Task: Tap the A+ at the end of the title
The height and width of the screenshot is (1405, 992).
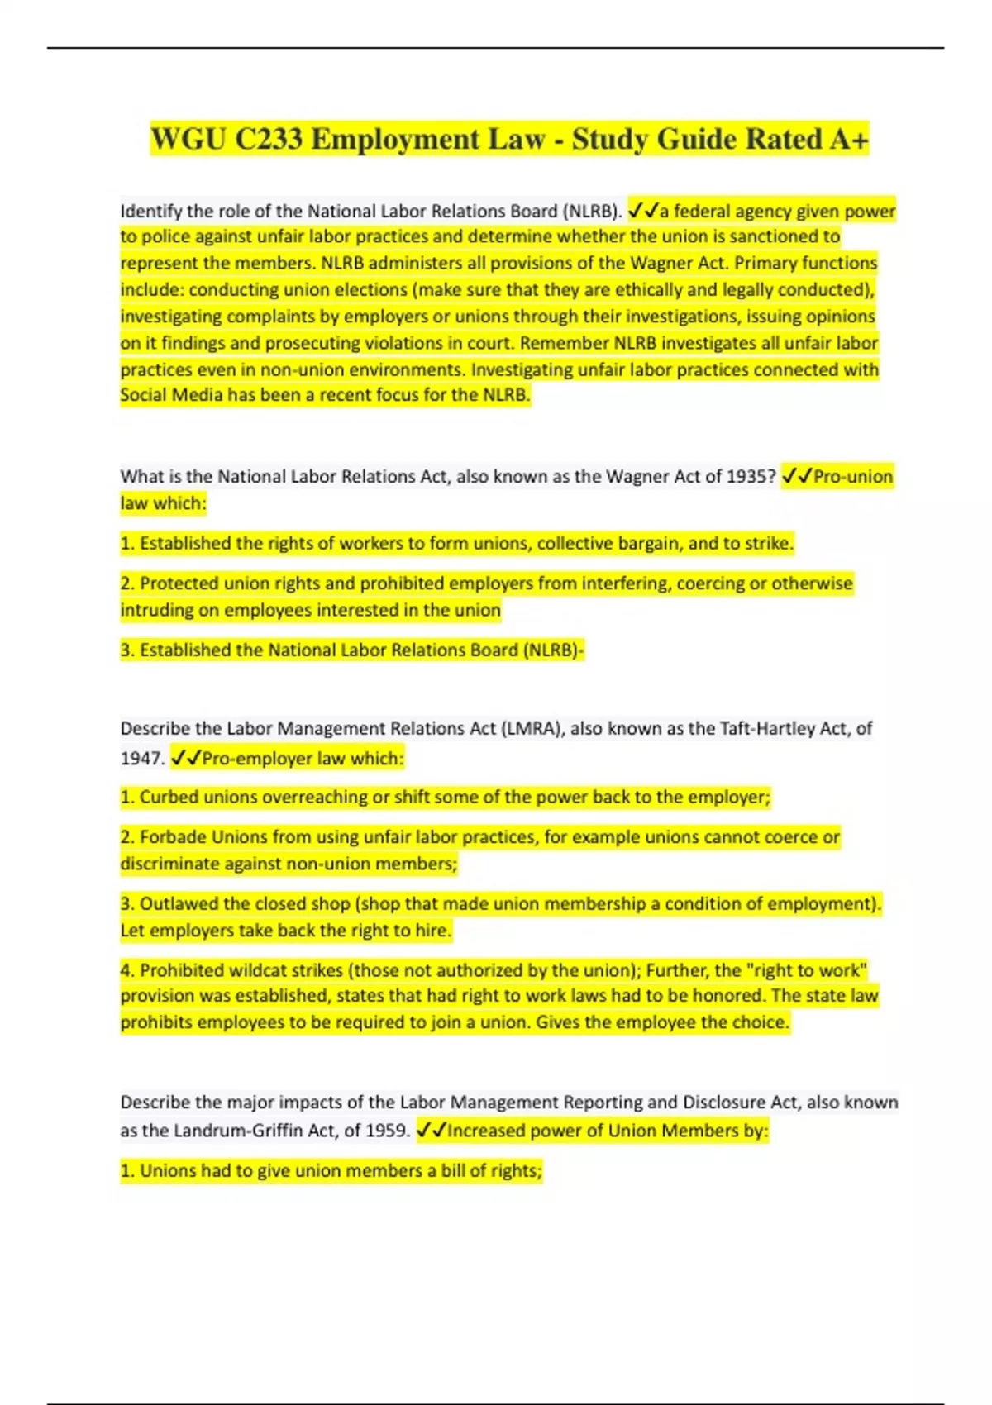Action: point(848,139)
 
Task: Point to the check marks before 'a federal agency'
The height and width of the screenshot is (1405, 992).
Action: point(642,212)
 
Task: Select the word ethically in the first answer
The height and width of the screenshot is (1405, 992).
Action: point(643,290)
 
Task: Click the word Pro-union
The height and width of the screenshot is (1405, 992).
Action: point(852,477)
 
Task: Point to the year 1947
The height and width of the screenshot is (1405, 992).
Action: point(141,759)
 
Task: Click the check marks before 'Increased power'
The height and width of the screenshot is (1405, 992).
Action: point(431,1131)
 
